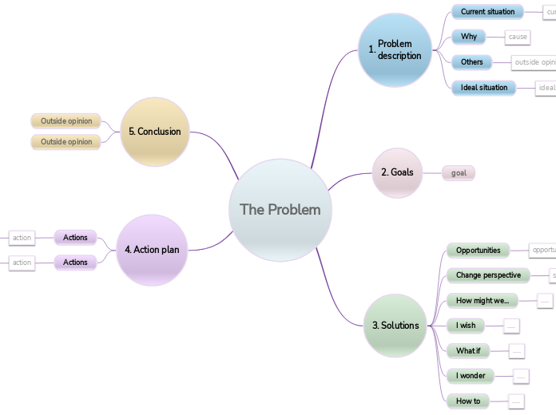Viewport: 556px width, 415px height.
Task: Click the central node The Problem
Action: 280,210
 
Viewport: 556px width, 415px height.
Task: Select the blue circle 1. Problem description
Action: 395,49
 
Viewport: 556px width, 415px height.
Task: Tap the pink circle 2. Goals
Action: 397,172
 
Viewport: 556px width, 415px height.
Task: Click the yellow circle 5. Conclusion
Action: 155,132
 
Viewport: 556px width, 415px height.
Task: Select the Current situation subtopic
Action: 487,12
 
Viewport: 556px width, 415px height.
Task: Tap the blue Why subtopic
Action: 469,37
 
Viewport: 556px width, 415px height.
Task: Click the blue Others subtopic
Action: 472,61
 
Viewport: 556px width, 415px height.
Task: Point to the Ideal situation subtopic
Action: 484,87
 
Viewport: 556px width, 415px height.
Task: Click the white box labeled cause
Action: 518,37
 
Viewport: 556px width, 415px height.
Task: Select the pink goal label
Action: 459,172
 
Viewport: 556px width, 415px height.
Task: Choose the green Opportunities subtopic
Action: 478,250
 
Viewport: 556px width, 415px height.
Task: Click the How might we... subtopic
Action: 482,301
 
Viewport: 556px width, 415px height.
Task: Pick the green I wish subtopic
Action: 466,325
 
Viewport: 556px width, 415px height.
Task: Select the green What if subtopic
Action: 468,350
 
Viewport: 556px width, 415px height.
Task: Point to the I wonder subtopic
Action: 471,375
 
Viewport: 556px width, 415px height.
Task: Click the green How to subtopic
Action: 468,401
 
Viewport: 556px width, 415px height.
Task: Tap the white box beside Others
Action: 534,61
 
